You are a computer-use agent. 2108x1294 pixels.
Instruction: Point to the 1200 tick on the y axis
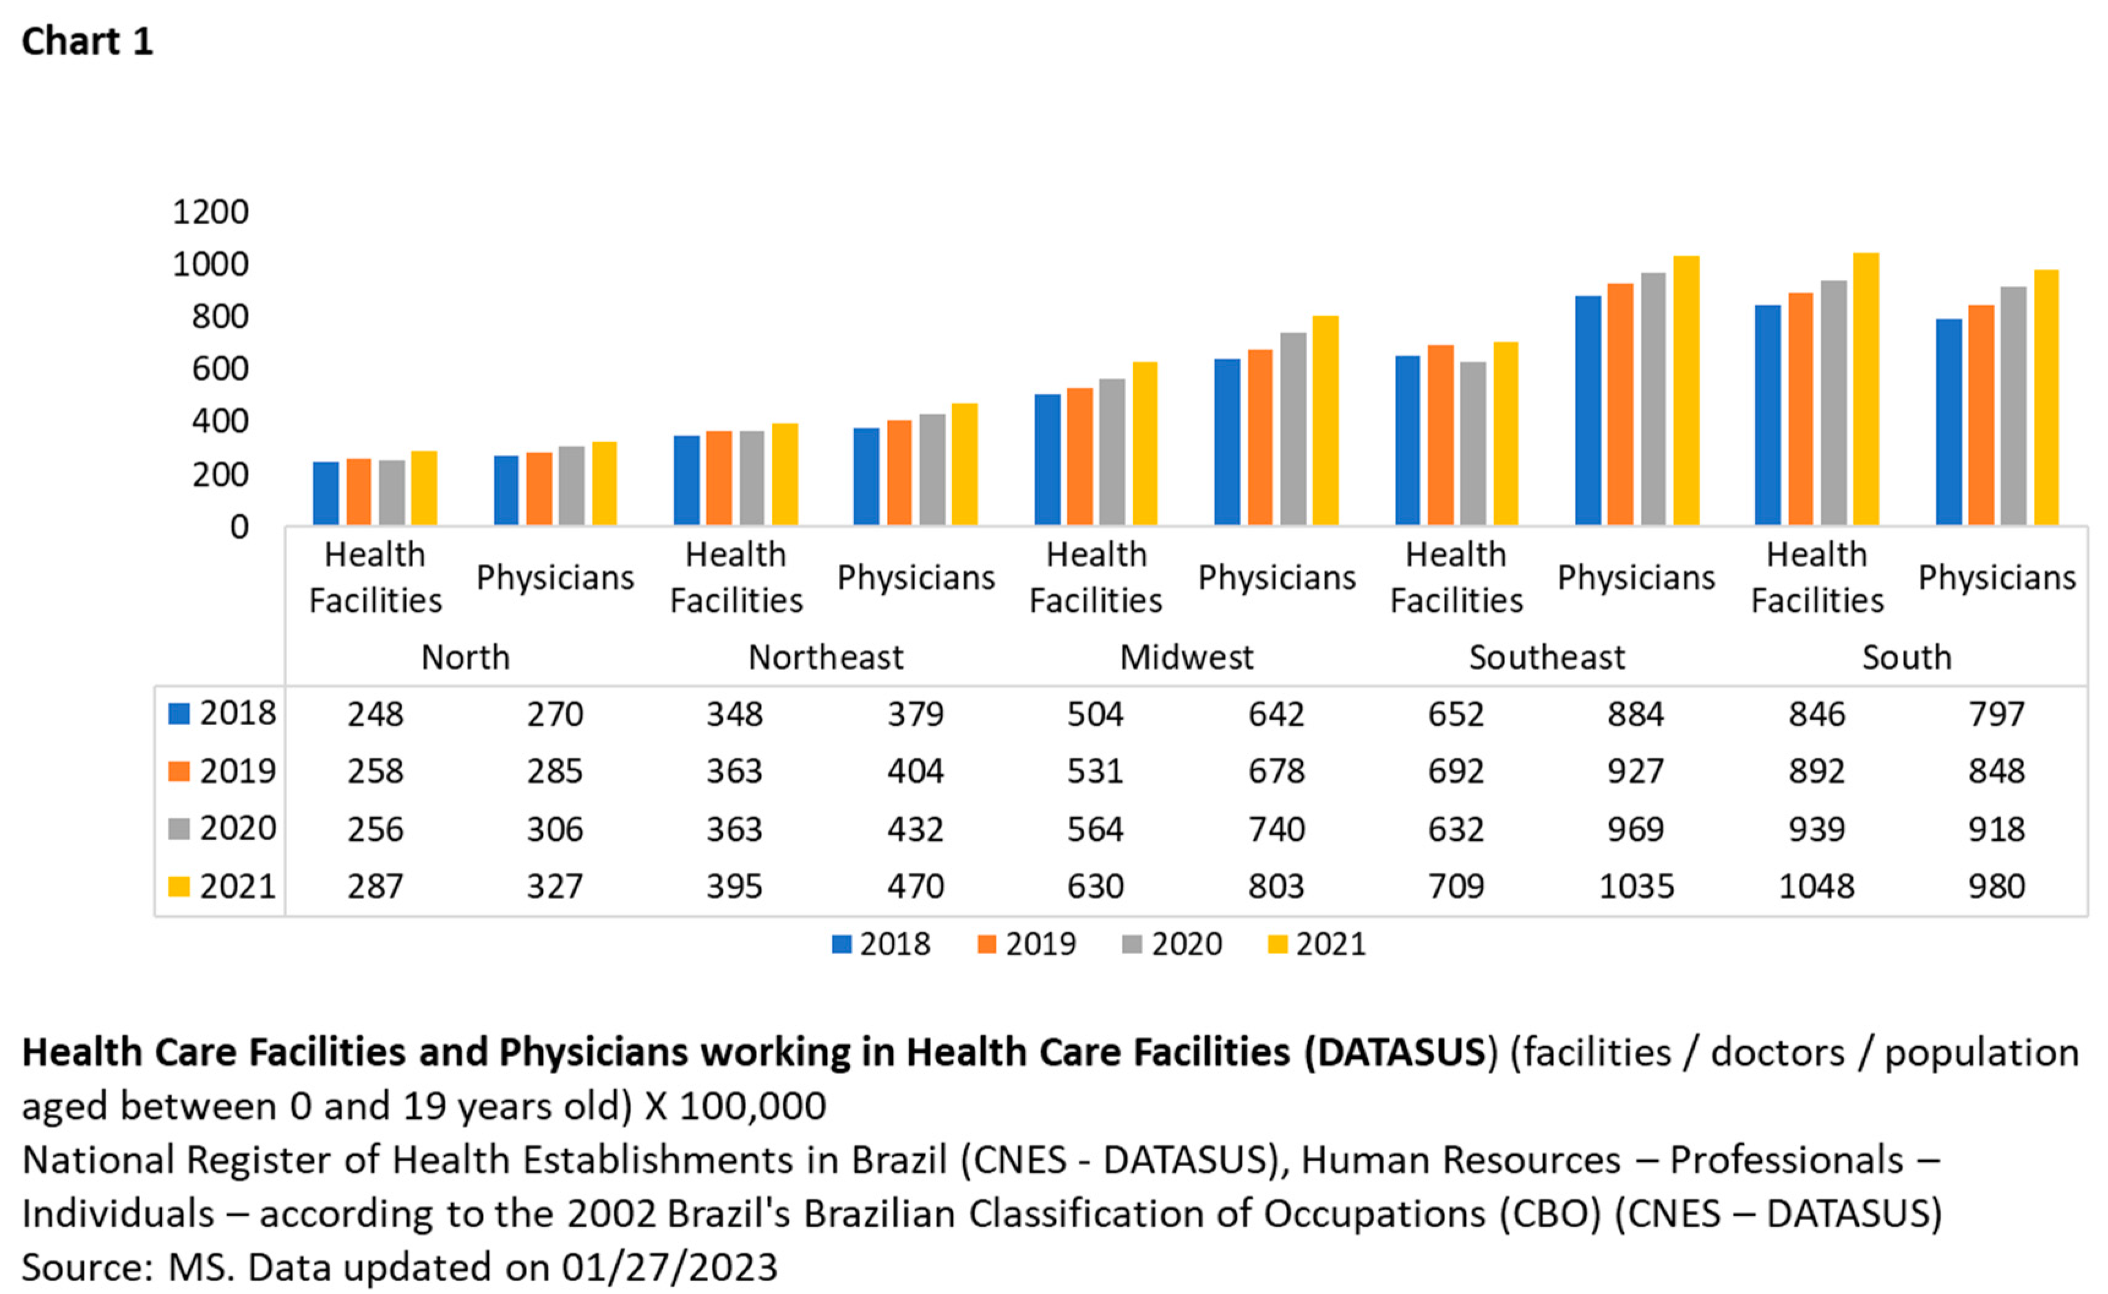click(211, 211)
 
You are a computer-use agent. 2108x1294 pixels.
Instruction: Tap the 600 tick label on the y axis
click(220, 369)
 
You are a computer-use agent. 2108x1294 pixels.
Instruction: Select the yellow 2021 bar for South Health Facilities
click(1865, 389)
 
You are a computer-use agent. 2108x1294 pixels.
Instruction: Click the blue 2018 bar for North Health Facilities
click(326, 493)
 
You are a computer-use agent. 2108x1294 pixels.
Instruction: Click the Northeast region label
click(826, 657)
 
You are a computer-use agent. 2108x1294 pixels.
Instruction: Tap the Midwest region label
click(1187, 657)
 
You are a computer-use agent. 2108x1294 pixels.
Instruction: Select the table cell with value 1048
click(1816, 886)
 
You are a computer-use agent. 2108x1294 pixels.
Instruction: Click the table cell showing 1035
click(1635, 886)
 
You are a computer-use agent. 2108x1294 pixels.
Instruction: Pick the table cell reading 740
click(1276, 829)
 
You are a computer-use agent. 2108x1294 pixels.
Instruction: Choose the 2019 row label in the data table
click(237, 771)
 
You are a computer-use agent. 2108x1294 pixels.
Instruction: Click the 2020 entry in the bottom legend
click(1186, 944)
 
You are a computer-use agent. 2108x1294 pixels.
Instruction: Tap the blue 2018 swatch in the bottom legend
click(842, 944)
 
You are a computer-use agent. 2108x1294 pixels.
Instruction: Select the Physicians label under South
click(1997, 577)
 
